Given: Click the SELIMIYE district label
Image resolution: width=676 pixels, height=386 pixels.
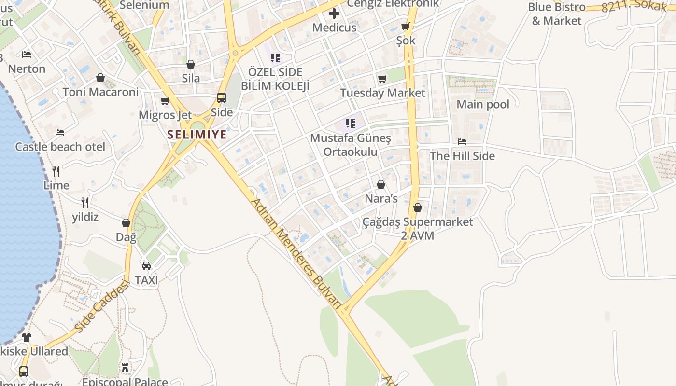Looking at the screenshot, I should click(x=197, y=135).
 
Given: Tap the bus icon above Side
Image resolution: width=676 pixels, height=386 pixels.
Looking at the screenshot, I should click(x=222, y=98).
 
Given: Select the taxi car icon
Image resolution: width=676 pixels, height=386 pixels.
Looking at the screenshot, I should click(x=146, y=265).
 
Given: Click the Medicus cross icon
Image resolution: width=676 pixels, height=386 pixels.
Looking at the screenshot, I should click(x=334, y=13).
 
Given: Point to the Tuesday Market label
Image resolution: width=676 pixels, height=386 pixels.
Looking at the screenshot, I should click(x=382, y=93).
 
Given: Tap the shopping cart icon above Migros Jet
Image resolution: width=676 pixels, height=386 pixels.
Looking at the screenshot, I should click(x=165, y=101).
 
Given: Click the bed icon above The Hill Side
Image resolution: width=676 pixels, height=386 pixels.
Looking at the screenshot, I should click(x=462, y=142).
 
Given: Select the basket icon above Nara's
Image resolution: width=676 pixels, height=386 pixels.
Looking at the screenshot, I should click(x=381, y=184).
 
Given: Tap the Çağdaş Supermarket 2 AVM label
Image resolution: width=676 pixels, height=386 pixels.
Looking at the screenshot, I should click(x=418, y=229).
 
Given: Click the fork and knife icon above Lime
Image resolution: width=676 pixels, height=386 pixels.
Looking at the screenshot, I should click(x=56, y=171).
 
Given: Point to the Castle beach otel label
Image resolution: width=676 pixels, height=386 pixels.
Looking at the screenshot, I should click(x=60, y=147).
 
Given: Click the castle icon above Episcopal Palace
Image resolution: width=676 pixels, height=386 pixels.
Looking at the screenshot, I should click(x=125, y=369).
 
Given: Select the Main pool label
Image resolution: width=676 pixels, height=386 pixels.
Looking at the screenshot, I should click(x=483, y=104).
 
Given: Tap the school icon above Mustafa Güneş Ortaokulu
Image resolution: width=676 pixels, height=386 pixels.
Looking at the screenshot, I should click(x=351, y=124).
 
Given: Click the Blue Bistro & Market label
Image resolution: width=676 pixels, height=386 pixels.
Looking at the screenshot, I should click(x=556, y=14).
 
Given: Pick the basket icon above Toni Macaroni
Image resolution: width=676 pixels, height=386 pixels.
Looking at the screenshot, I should click(x=100, y=78).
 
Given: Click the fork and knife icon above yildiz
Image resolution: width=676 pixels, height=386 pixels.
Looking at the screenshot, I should click(x=85, y=202).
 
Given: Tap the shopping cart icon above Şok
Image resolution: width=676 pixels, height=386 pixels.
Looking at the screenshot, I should click(x=405, y=27).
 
